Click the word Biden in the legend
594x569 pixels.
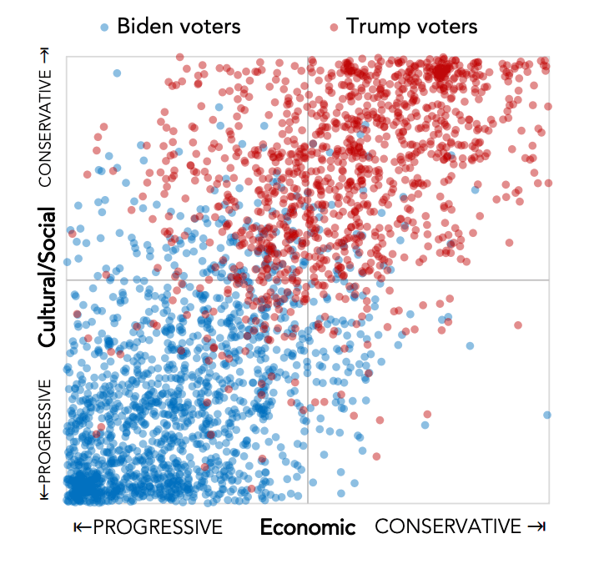pos(143,26)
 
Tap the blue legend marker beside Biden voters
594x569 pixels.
pos(103,27)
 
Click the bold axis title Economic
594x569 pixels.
pos(308,527)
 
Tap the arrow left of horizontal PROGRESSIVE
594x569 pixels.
pos(80,527)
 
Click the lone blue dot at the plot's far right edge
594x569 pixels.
pos(547,415)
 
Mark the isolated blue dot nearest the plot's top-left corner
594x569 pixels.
pos(117,73)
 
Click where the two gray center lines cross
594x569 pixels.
pos(308,280)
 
